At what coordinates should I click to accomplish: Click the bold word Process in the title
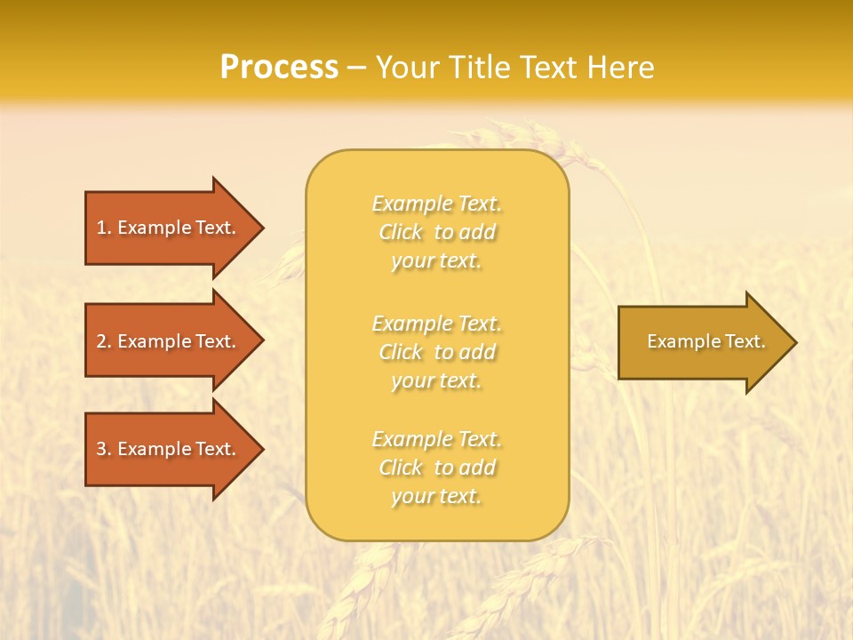pos(279,68)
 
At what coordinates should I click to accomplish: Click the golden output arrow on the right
pos(702,341)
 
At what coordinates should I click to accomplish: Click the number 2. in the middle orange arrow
pos(104,341)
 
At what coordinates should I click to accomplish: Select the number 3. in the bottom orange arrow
pos(104,449)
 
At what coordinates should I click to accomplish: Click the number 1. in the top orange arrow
pos(104,228)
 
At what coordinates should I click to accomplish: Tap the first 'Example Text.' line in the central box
pos(436,204)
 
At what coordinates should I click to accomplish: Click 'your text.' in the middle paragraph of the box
pos(436,380)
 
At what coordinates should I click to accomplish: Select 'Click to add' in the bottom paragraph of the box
pos(436,467)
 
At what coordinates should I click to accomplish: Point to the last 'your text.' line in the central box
pos(436,496)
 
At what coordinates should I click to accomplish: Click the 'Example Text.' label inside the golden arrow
pos(706,341)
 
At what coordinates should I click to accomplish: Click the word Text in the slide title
pos(547,68)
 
